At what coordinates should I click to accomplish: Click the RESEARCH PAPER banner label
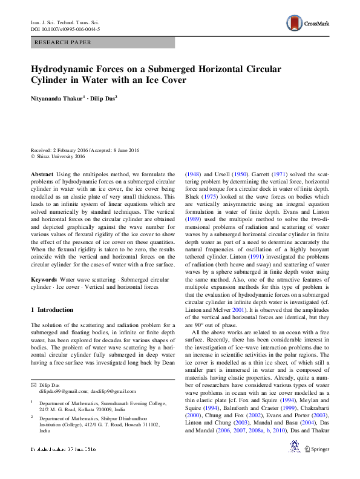coord(64,42)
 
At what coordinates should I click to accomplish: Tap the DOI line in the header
coord(65,28)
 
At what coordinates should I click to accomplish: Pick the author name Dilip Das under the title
coord(103,97)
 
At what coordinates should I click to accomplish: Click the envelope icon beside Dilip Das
coord(33,386)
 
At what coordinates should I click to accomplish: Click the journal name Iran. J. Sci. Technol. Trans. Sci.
coord(64,22)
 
